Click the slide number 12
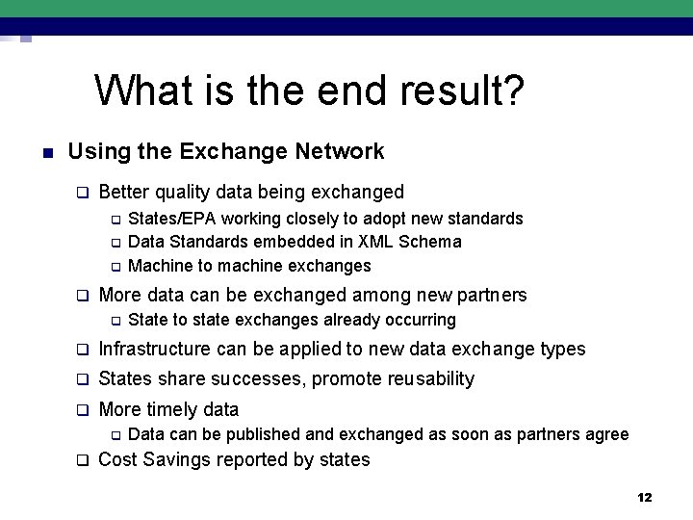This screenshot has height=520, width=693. coord(645,497)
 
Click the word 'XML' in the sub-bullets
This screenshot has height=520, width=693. coord(376,242)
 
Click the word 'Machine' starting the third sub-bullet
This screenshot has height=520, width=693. coord(158,265)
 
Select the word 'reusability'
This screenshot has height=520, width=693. coord(426,378)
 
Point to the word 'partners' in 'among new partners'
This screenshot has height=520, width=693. coord(492,295)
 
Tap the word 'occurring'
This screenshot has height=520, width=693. coord(419,319)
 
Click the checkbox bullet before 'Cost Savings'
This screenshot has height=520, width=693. coord(83,460)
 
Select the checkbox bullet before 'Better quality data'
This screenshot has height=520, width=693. coord(83,192)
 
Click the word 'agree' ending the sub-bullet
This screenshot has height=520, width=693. coord(606,434)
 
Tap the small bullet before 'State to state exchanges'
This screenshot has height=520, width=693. coord(113,320)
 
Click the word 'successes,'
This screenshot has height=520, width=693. coord(257,378)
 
